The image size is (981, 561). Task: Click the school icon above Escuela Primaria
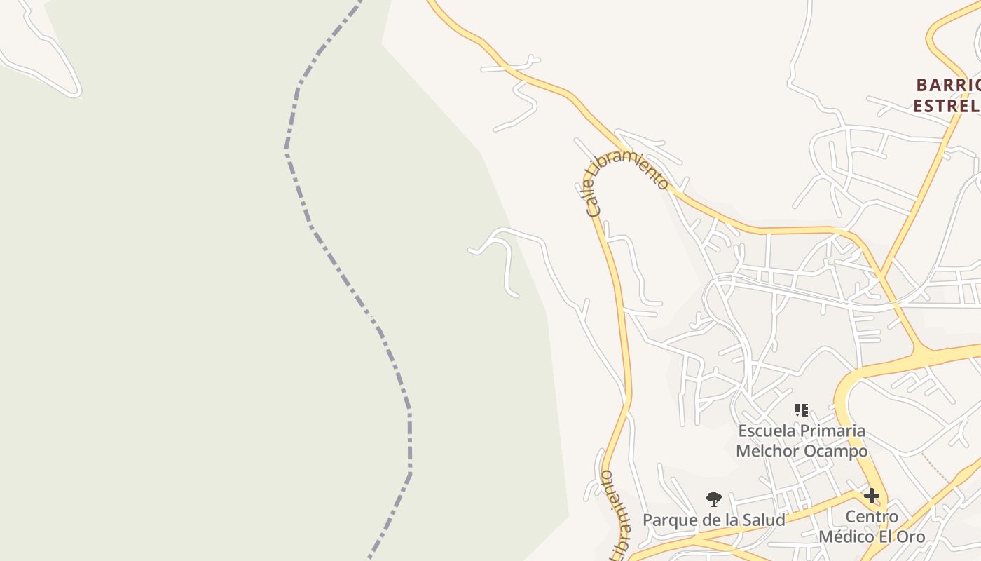click(x=802, y=410)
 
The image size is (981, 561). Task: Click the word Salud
click(x=763, y=520)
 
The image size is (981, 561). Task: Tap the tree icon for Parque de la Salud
click(x=713, y=499)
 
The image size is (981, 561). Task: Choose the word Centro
click(x=872, y=517)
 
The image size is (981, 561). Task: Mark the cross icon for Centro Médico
click(x=871, y=496)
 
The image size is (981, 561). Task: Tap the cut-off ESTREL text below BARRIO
click(x=946, y=106)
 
